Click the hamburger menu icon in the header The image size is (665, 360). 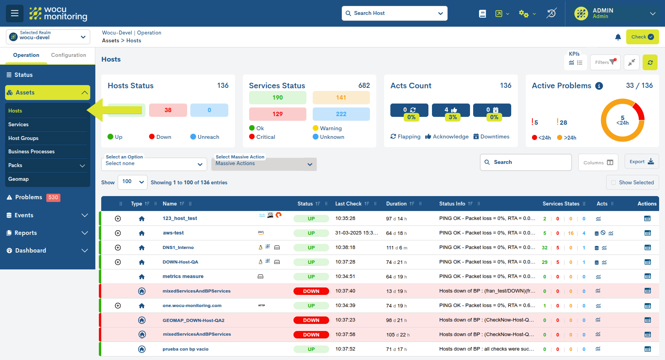coord(15,13)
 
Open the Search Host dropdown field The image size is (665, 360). coord(394,13)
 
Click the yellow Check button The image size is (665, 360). coord(642,37)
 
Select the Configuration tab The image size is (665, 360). coord(68,55)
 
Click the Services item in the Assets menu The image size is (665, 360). coord(18,125)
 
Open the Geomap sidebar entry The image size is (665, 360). coord(18,179)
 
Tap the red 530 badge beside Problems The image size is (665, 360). coord(53,198)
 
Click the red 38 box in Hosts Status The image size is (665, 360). coord(168,110)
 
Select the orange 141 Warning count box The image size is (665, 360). coord(341,98)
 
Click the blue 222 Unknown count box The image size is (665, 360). coord(341,114)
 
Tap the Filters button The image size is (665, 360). coord(605,62)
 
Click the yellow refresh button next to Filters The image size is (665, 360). coord(650,62)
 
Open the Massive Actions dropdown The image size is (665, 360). coord(264,164)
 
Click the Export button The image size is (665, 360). coord(641,162)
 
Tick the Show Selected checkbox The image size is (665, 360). coord(614,183)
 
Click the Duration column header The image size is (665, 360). coord(396,204)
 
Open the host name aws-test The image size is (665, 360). coord(173,233)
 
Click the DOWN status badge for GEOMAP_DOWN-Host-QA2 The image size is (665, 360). coord(311,320)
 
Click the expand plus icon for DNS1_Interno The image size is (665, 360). coord(118,248)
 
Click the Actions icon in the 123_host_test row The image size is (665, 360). coord(647,218)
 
